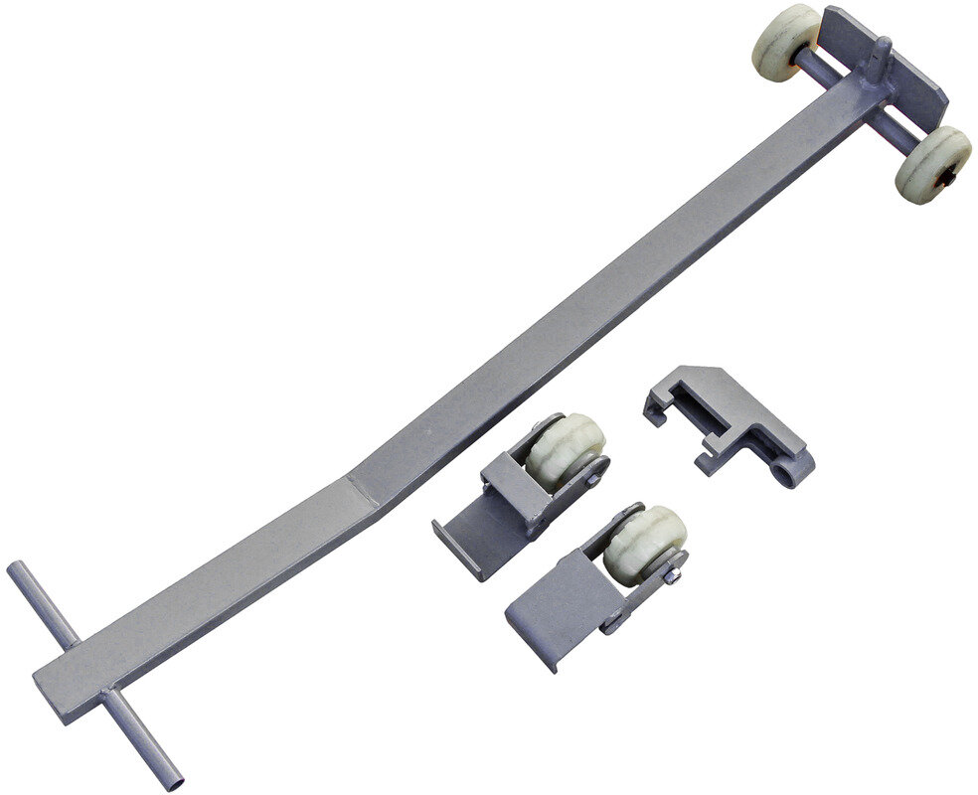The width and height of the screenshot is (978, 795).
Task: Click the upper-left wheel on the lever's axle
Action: pos(785,40)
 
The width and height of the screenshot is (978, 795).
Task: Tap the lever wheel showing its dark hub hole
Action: pos(933,164)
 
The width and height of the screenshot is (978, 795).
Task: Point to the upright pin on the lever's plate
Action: pos(880,60)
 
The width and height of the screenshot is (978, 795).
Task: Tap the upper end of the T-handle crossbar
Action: pos(18,571)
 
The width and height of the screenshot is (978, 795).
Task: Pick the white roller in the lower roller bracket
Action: pos(644,544)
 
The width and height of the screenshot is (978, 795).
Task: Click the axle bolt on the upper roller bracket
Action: pos(594,478)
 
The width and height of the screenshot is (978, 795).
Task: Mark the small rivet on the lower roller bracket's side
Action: pos(613,625)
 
